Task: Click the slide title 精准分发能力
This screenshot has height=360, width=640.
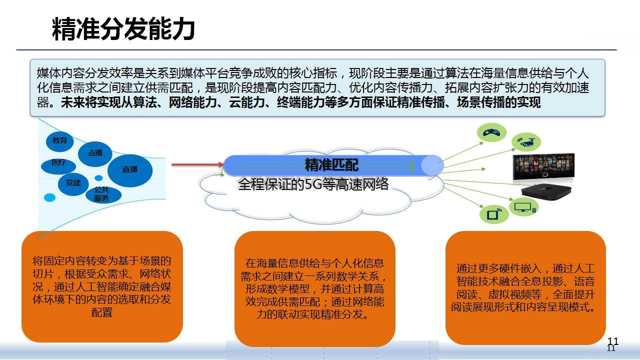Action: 123,28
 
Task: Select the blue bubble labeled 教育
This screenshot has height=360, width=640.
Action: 59,141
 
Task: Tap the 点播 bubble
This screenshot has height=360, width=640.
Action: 95,153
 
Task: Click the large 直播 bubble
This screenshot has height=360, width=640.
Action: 130,170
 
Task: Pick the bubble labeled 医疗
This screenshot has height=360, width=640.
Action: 58,165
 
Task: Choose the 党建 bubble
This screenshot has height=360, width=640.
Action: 73,183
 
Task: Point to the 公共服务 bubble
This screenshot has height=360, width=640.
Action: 103,195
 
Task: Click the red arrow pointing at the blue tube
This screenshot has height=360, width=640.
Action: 197,164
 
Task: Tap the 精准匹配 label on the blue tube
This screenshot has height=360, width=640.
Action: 331,165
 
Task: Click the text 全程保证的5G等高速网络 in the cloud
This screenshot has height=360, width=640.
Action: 313,184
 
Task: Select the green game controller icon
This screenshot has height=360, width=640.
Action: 491,132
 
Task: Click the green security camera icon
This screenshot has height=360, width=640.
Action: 526,142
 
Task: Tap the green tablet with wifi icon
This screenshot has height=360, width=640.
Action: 494,214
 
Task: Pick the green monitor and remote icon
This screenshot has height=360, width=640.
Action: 523,207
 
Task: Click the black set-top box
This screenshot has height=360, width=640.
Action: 546,192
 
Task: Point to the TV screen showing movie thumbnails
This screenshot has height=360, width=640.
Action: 543,166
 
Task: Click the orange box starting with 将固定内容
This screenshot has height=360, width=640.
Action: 102,286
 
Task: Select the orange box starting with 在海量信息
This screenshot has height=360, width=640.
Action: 315,289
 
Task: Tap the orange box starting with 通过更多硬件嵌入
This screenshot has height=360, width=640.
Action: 525,287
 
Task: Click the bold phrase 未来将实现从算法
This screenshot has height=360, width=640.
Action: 108,103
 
